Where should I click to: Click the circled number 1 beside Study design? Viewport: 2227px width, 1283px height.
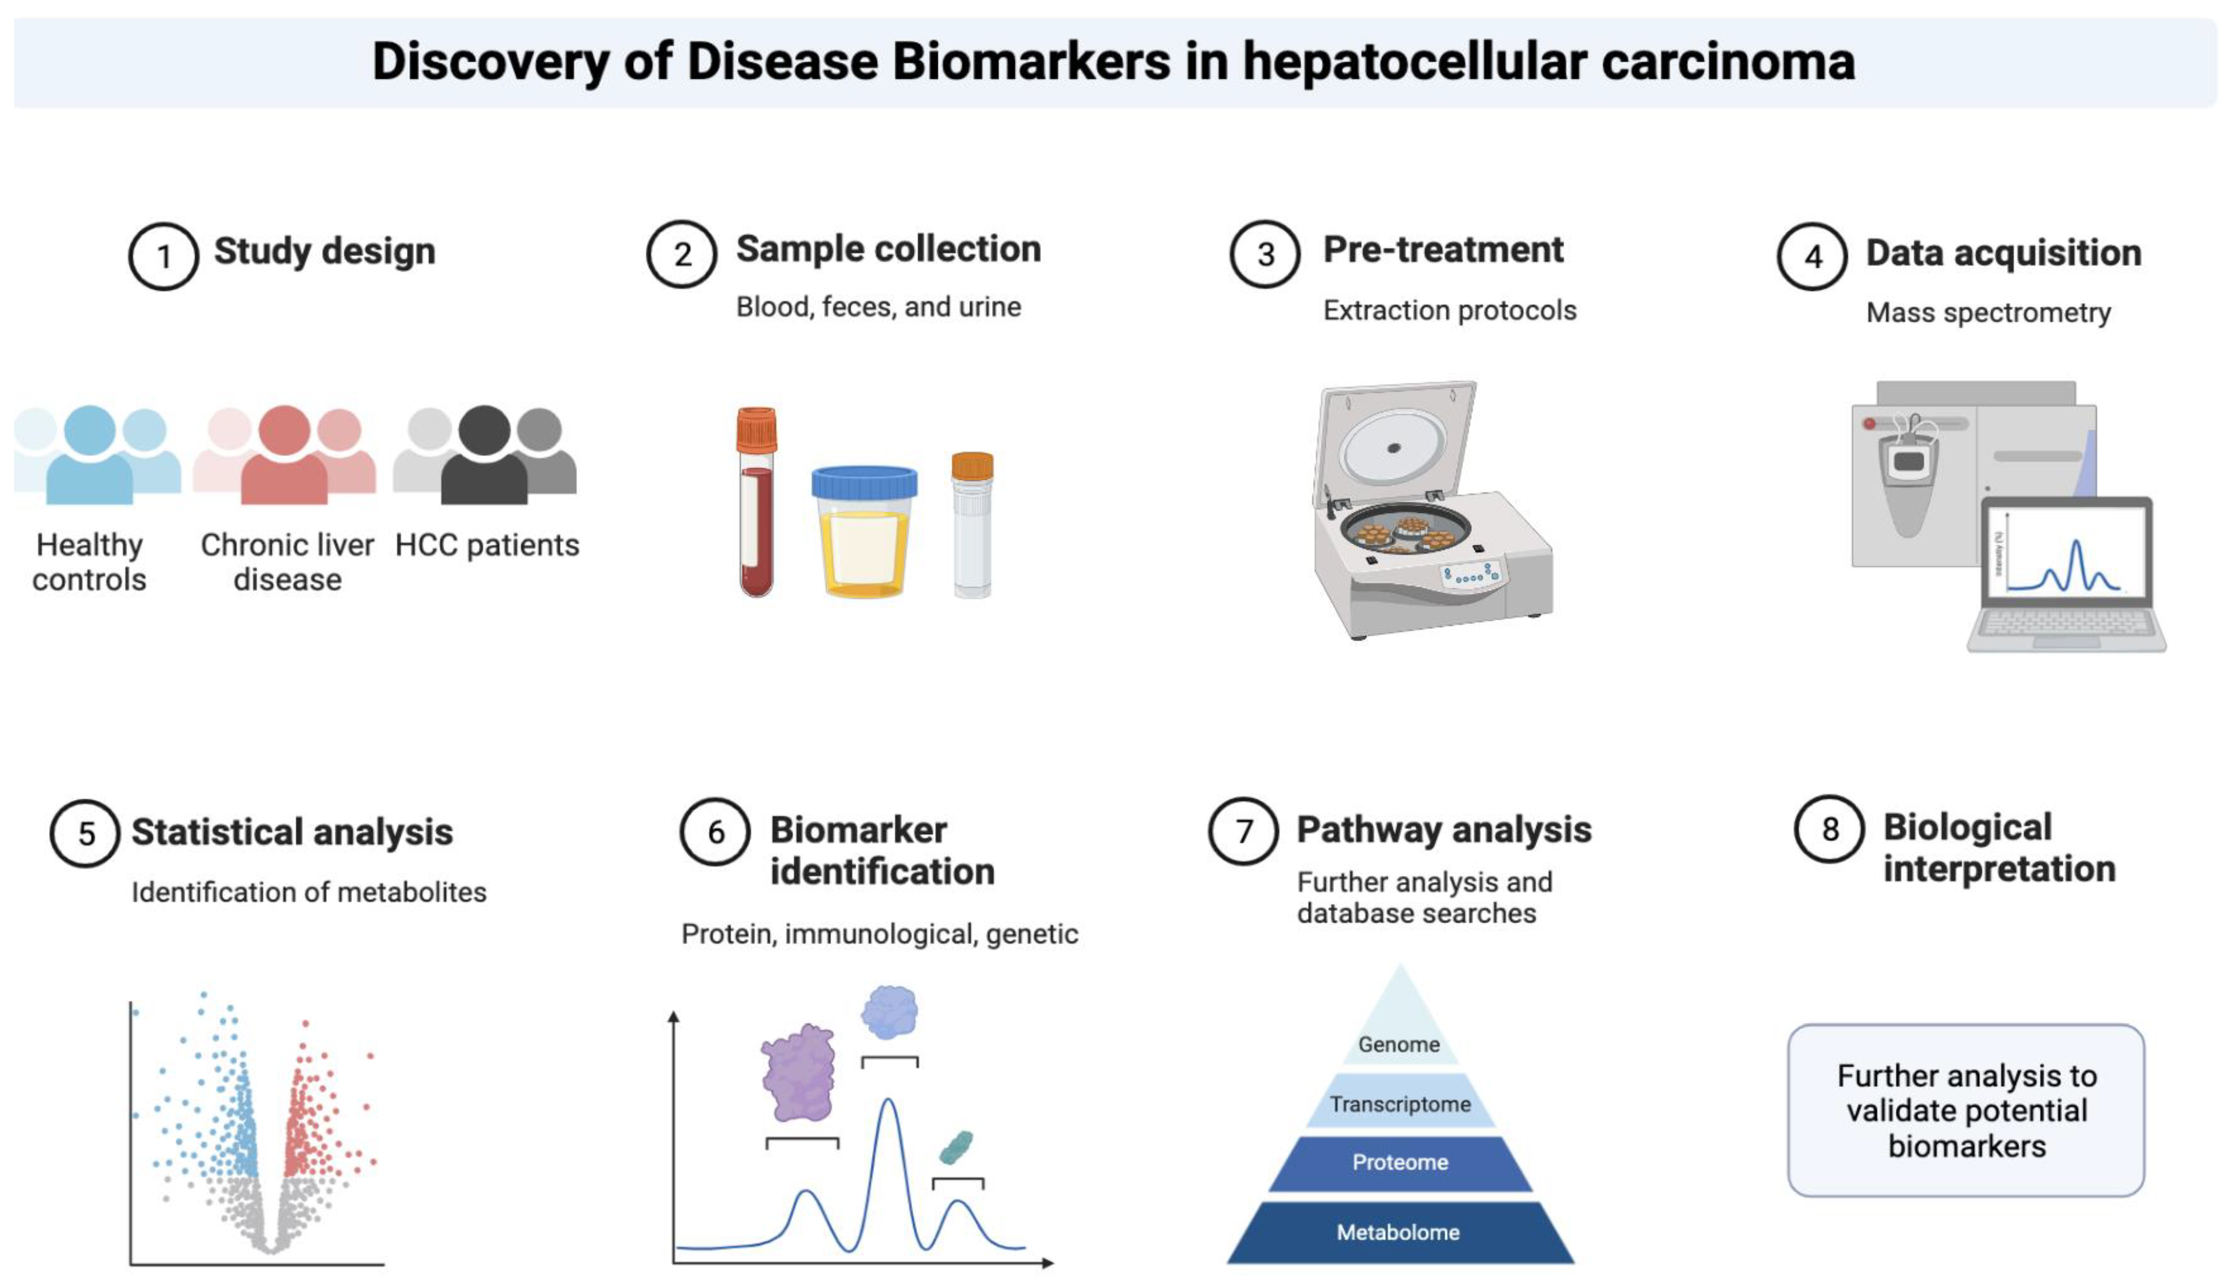coord(163,256)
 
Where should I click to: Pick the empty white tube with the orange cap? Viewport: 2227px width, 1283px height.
coord(972,529)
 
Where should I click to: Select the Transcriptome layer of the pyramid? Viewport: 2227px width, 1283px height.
coord(1399,1103)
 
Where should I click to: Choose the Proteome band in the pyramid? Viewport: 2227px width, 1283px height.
coord(1399,1162)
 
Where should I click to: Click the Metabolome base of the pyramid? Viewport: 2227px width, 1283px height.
coord(1399,1232)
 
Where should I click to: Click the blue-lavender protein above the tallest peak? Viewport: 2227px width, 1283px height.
coord(889,1011)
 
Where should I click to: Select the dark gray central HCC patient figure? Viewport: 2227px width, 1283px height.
coord(484,458)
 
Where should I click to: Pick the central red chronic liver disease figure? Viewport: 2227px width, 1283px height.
coord(284,458)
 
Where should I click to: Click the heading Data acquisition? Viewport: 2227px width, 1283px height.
coord(2003,253)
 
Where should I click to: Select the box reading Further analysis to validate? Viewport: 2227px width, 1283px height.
coord(1966,1110)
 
